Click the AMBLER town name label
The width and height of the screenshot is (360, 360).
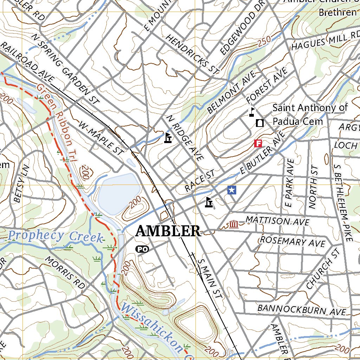[x=168, y=231]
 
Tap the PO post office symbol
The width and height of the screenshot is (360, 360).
[x=142, y=249]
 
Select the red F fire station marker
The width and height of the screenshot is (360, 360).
[x=258, y=143]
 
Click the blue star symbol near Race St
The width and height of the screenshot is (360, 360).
[x=232, y=190]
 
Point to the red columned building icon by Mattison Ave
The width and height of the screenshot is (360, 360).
[x=233, y=224]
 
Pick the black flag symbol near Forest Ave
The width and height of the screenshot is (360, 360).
[x=252, y=112]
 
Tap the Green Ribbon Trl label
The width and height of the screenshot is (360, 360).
[x=60, y=116]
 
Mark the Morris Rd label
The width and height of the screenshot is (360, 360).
[x=65, y=273]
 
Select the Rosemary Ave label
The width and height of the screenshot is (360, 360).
[x=292, y=242]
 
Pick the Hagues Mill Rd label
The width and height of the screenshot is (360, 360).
[x=325, y=40]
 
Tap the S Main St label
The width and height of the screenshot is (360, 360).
[x=210, y=279]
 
